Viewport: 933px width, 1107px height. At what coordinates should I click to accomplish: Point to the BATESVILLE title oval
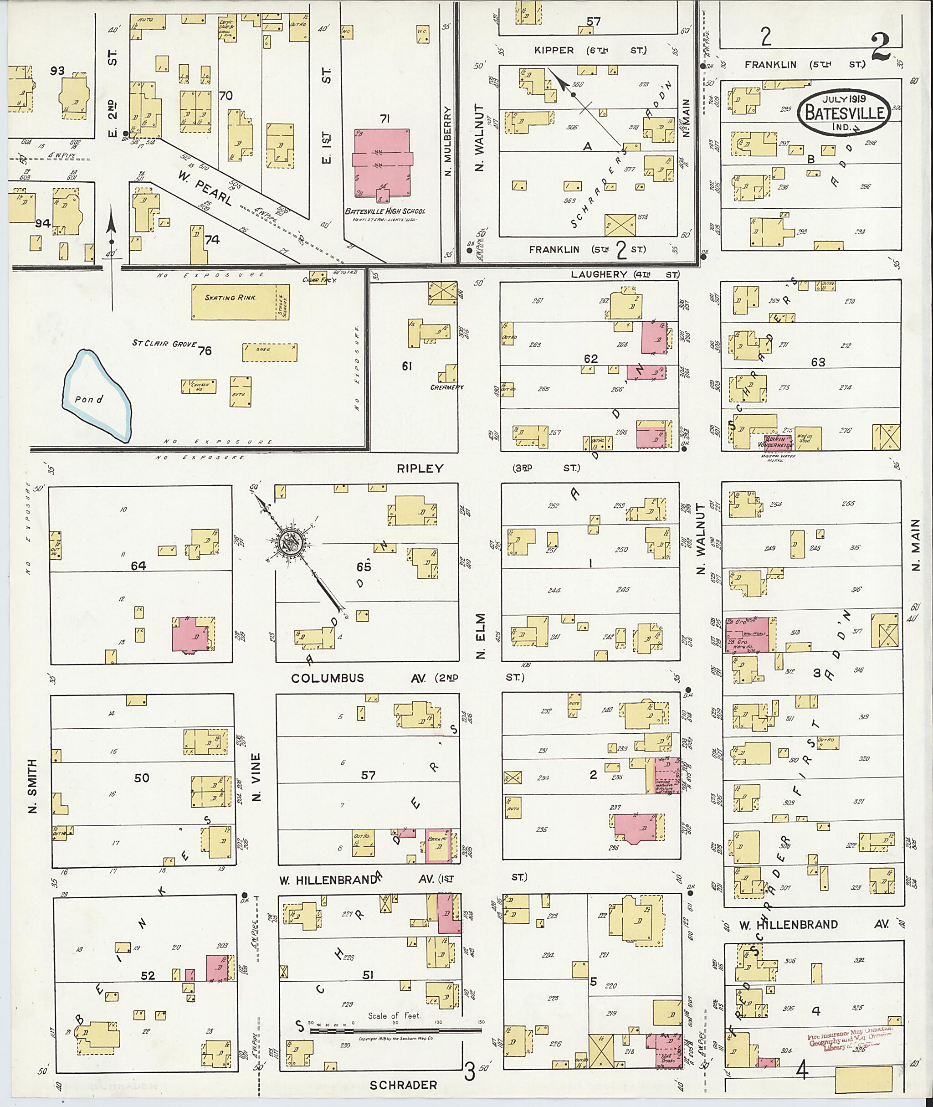(x=844, y=111)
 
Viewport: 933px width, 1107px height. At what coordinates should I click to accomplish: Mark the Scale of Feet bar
(x=397, y=1030)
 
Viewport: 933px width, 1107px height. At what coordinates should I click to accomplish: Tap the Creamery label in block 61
(x=446, y=387)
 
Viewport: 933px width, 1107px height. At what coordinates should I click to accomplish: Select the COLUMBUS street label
(x=328, y=678)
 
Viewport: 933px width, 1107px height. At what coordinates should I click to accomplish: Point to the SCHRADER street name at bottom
(x=403, y=1085)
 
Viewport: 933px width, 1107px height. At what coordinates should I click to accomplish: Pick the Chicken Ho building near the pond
(x=198, y=386)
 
